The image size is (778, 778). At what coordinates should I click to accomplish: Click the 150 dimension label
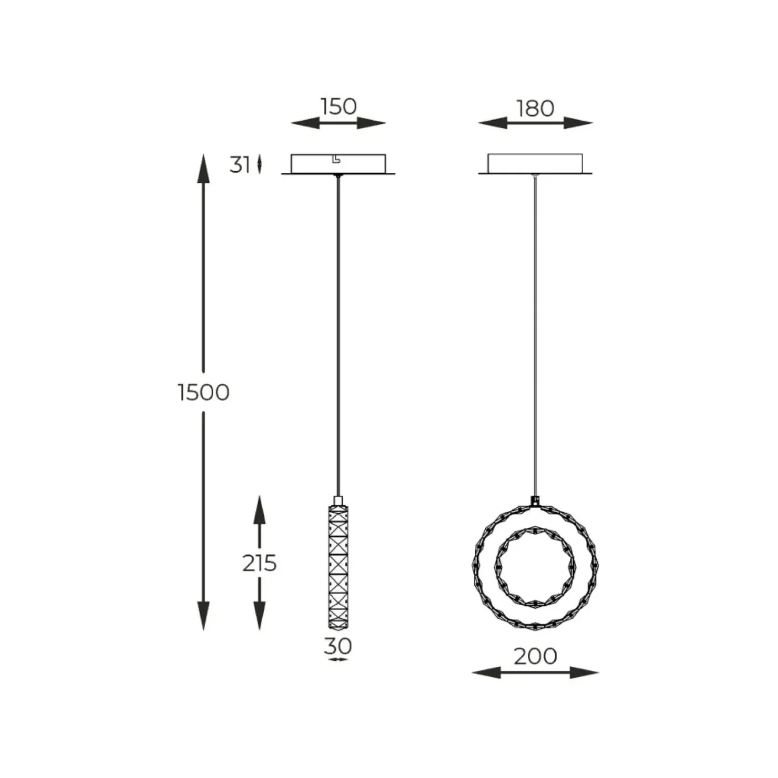pos(338,107)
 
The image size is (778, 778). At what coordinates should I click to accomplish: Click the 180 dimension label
pos(535,108)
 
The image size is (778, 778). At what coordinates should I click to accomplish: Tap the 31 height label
pos(239,165)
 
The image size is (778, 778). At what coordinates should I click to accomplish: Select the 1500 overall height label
pos(204,392)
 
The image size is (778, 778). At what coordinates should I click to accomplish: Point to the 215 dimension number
pos(259,563)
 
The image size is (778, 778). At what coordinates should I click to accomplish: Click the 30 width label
pos(337,646)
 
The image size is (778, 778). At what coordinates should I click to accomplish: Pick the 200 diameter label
pos(536,656)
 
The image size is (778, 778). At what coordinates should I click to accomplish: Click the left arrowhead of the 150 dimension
pos(305,123)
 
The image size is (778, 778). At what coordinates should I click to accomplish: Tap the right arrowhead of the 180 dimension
pos(578,123)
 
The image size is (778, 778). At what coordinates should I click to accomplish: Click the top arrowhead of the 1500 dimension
pos(203,169)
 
